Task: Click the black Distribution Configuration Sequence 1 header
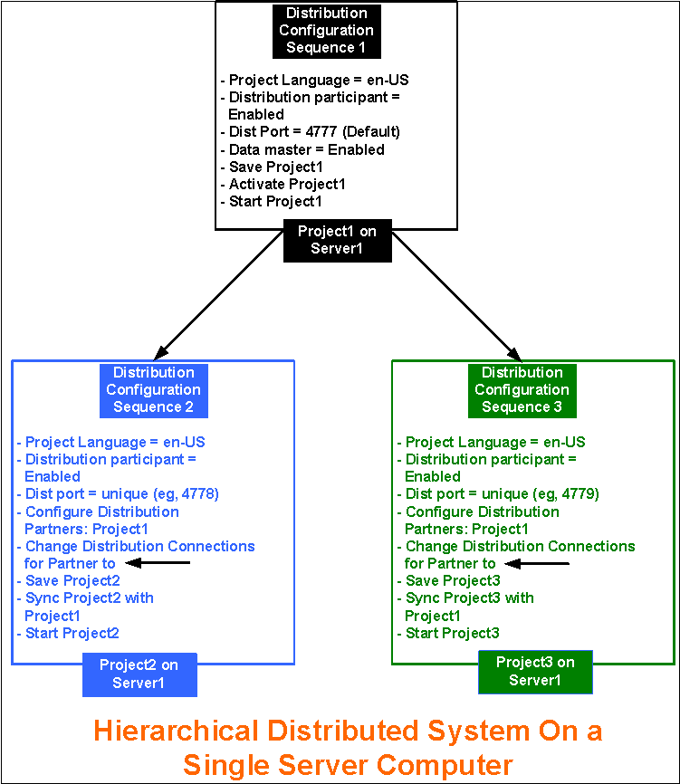tap(327, 31)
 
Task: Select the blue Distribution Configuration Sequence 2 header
tap(153, 390)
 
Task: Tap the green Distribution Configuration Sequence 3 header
tap(522, 390)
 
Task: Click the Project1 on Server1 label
tap(337, 240)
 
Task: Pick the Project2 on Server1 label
tap(139, 674)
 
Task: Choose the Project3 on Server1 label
tap(535, 672)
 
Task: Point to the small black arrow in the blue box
tap(158, 563)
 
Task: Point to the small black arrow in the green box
tap(537, 563)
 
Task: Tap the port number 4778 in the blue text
tap(199, 494)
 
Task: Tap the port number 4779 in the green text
tap(579, 494)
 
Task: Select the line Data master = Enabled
tap(306, 149)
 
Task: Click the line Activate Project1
tap(287, 185)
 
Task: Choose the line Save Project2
tap(72, 580)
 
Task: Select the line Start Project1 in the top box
tap(274, 202)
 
